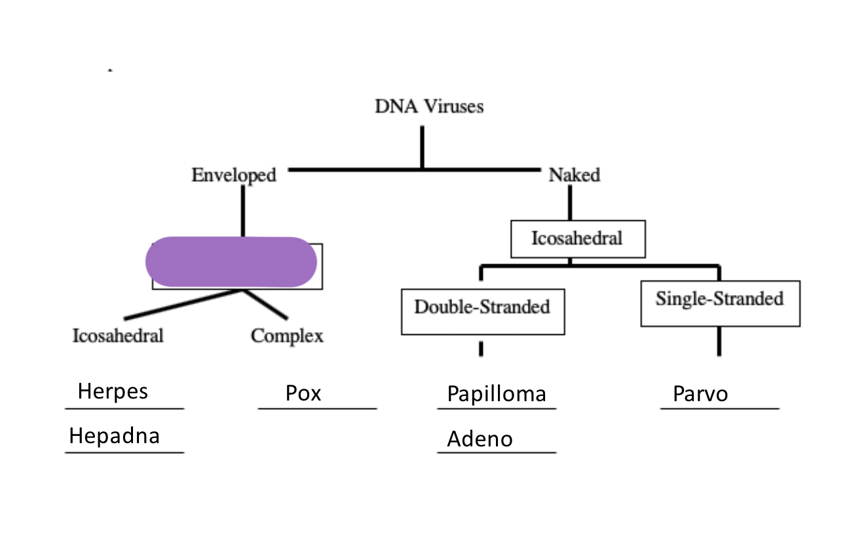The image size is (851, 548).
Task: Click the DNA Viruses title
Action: pyautogui.click(x=429, y=106)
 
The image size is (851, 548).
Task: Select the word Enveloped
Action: pyautogui.click(x=234, y=176)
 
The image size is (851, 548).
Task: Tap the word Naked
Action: pyautogui.click(x=574, y=176)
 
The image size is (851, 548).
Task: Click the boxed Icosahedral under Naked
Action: pyautogui.click(x=577, y=239)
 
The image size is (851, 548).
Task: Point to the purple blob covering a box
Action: pyautogui.click(x=231, y=262)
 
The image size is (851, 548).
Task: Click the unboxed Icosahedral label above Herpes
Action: pyautogui.click(x=118, y=336)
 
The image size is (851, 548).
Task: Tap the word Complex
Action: pyautogui.click(x=287, y=336)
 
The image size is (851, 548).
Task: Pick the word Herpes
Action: pyautogui.click(x=113, y=391)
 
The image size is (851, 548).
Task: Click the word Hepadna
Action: pyautogui.click(x=114, y=436)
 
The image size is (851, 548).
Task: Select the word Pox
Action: pyautogui.click(x=303, y=393)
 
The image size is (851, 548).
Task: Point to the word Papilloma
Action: pyautogui.click(x=497, y=394)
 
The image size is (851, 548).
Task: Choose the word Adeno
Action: pyautogui.click(x=480, y=439)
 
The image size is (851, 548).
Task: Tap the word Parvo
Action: pyautogui.click(x=700, y=395)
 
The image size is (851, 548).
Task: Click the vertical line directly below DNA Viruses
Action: pyautogui.click(x=422, y=147)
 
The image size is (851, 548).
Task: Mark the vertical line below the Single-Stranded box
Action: pyautogui.click(x=719, y=341)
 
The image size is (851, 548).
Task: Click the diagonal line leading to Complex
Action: pyautogui.click(x=265, y=304)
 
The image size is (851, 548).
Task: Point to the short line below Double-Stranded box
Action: pyautogui.click(x=481, y=348)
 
